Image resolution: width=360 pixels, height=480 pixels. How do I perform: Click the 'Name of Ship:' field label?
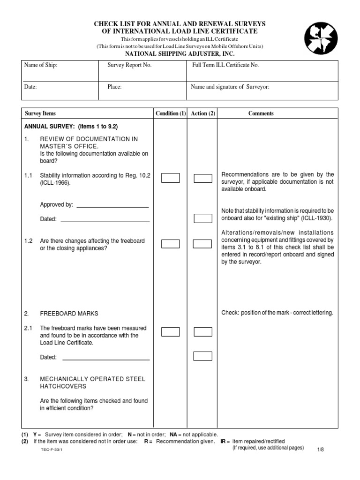41,66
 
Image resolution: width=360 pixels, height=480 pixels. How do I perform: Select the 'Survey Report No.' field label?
129,66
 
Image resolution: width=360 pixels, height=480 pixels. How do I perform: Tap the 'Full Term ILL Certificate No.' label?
225,66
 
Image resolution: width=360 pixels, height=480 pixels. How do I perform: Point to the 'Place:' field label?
114,87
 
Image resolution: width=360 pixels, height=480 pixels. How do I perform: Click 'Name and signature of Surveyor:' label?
230,87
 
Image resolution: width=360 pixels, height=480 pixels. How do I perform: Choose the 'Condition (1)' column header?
171,113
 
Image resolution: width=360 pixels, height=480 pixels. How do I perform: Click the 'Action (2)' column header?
203,113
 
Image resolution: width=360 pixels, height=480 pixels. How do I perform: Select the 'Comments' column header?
261,113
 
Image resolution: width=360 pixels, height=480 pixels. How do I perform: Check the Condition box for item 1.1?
171,178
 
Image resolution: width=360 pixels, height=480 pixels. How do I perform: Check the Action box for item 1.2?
203,244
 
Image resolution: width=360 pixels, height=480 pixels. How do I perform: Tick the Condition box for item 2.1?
171,332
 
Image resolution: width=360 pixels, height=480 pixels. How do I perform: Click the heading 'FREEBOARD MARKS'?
69,313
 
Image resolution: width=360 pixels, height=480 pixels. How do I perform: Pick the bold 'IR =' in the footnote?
224,442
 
